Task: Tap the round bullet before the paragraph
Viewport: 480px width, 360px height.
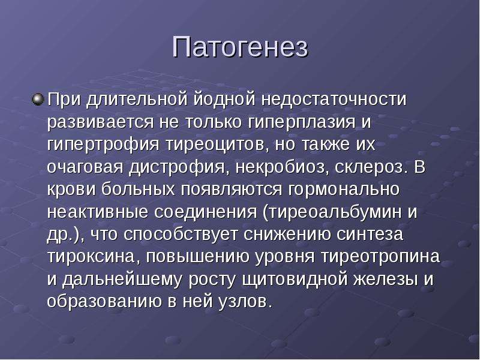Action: (38, 100)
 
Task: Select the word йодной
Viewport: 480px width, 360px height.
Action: (224, 100)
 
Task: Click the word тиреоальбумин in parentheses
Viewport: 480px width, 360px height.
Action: (334, 212)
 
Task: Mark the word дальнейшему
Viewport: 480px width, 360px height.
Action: (122, 280)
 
